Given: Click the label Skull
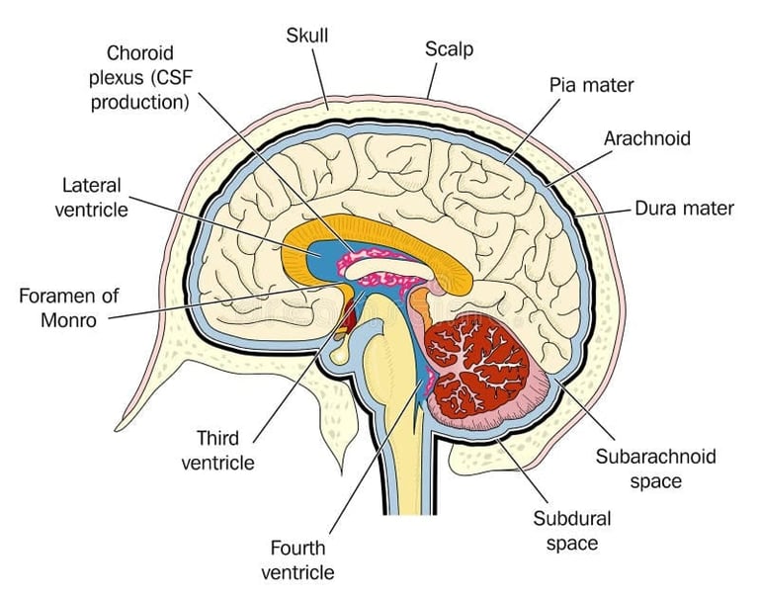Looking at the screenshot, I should [x=306, y=36].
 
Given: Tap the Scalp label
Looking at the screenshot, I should [x=449, y=47].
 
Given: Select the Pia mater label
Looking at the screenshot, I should [x=591, y=85].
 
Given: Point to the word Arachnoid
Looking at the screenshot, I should [x=646, y=137].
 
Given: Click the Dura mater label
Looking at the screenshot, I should [x=684, y=209].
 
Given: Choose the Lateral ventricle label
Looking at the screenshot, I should [x=91, y=196].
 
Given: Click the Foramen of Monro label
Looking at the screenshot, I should [x=68, y=307].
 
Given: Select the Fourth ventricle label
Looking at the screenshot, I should [x=297, y=558].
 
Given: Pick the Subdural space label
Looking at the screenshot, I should [x=572, y=530].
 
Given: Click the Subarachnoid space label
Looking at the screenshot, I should [x=655, y=469].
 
